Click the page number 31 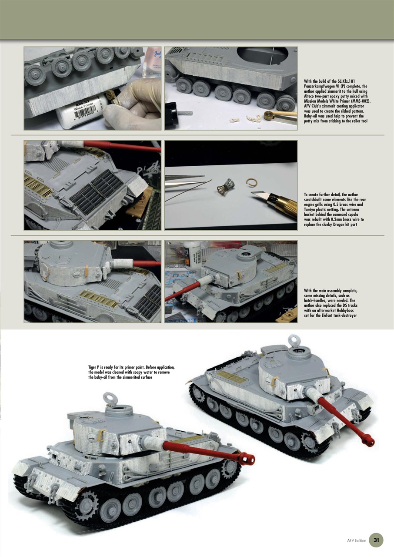tap(376, 540)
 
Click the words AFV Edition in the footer tap(357, 540)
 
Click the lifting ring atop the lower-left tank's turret tap(109, 398)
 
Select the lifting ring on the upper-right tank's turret tap(295, 340)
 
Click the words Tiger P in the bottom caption tap(94, 368)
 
